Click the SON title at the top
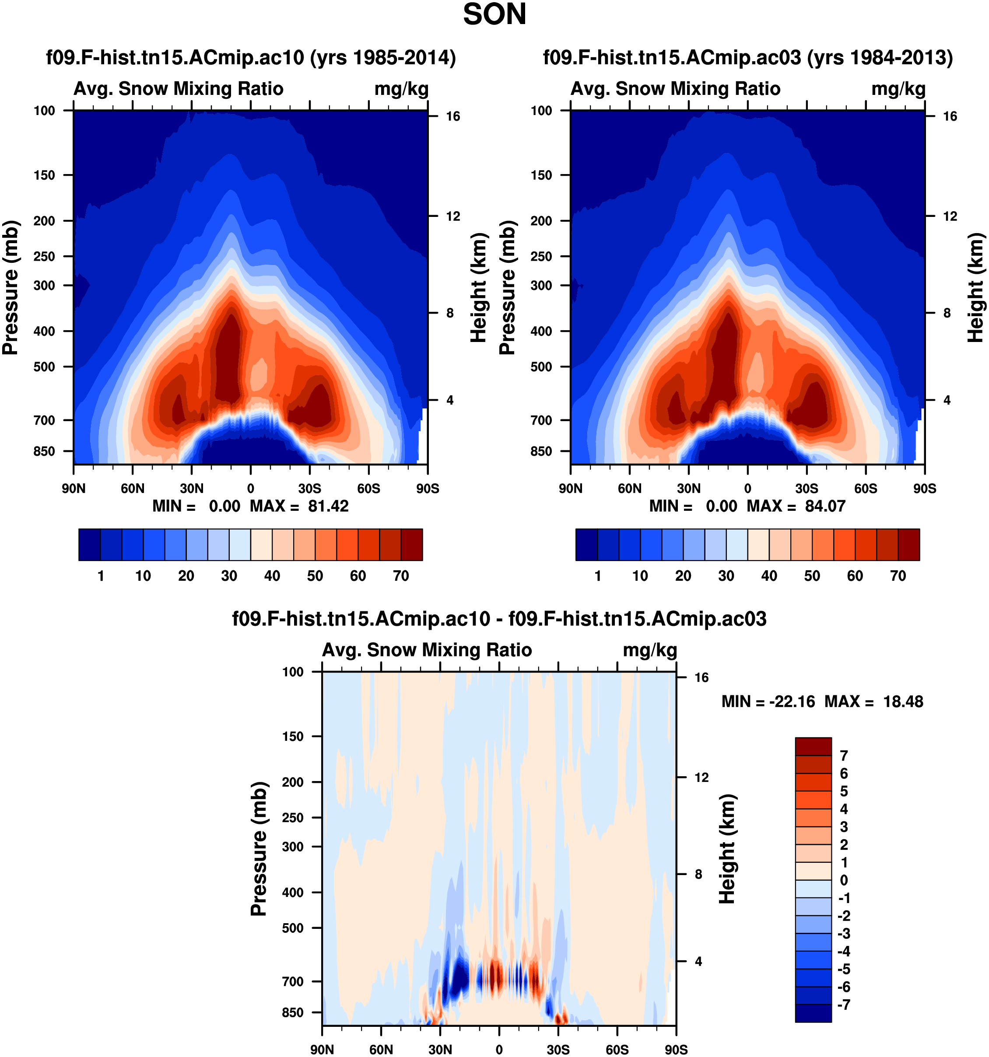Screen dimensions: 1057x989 (x=494, y=14)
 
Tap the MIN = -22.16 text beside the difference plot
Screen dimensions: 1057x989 (x=768, y=702)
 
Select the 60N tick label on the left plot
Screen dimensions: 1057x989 (x=133, y=488)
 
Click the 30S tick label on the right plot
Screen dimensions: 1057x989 (x=807, y=488)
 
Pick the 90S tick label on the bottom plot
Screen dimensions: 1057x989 (x=676, y=1050)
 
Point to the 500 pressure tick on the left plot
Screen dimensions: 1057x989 (x=45, y=367)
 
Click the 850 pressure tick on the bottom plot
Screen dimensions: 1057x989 (x=293, y=1012)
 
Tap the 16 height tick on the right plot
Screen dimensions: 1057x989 (x=950, y=116)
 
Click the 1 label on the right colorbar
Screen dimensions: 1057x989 (x=597, y=576)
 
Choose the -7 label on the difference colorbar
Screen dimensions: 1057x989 (x=844, y=1005)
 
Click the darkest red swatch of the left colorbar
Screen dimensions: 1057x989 (x=412, y=544)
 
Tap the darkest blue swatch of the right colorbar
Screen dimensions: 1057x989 (x=586, y=544)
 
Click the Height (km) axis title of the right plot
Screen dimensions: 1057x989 (x=975, y=287)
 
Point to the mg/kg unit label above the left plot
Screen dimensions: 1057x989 (x=401, y=89)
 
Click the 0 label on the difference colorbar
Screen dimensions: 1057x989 (x=844, y=880)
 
